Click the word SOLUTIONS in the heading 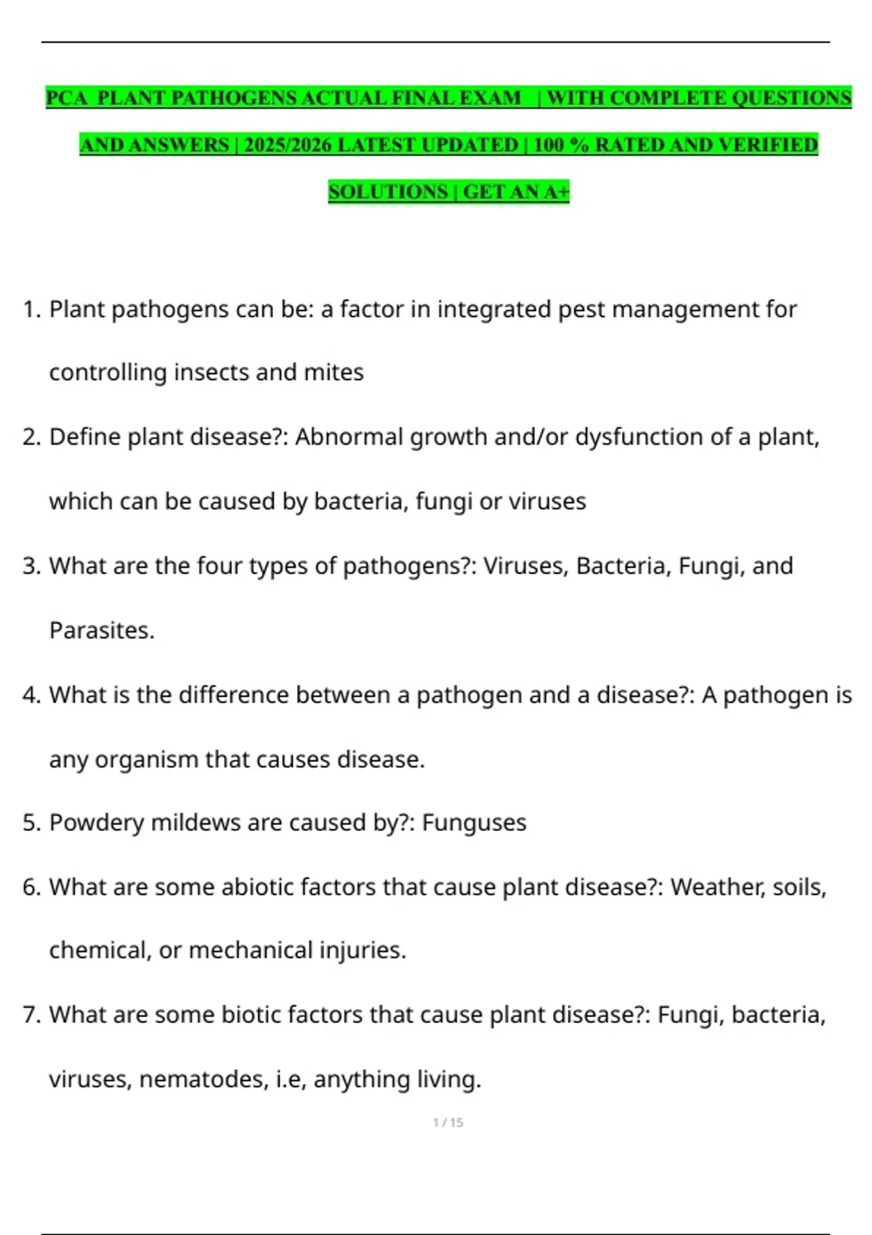(388, 192)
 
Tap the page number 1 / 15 (448, 1122)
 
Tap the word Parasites (102, 630)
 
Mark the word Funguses (474, 822)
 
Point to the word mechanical (251, 950)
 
